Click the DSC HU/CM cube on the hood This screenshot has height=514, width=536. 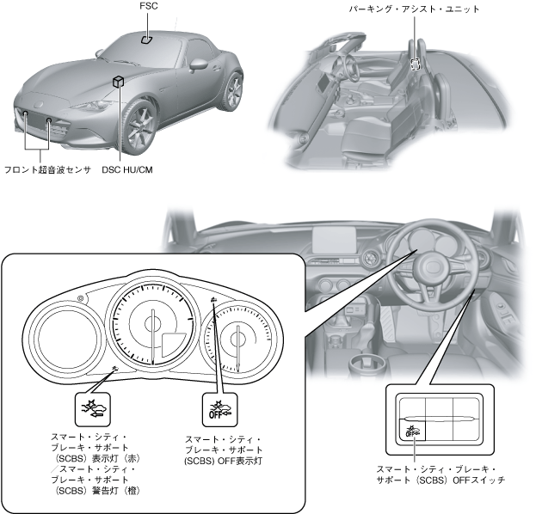point(118,79)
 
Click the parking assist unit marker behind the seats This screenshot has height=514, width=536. point(415,63)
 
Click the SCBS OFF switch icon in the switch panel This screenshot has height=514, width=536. point(412,430)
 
